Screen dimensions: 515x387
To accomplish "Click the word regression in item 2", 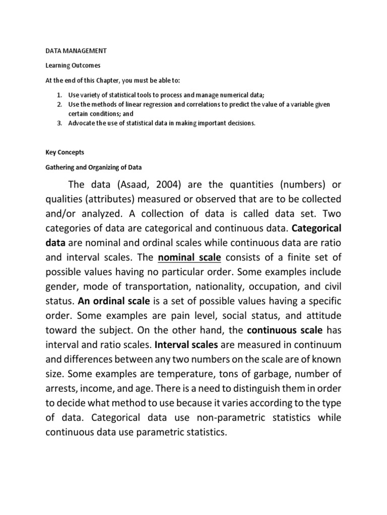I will [x=162, y=104].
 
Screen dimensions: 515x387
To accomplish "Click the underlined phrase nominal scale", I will [x=189, y=258].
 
